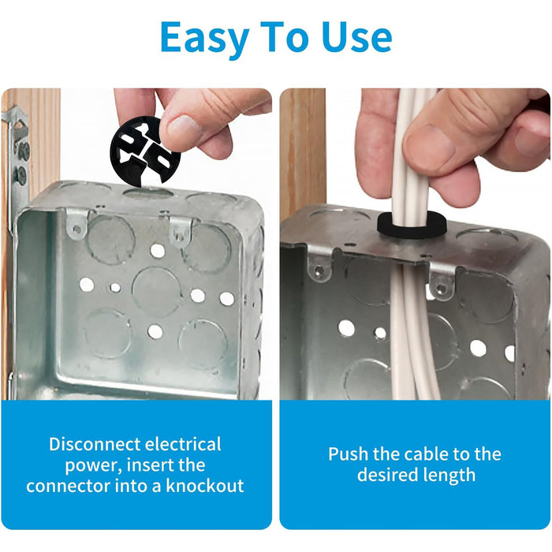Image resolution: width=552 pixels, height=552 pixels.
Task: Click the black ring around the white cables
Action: (412, 226)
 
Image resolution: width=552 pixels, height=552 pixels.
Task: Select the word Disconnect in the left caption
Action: (95, 444)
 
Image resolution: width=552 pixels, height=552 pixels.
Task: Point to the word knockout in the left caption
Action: (205, 486)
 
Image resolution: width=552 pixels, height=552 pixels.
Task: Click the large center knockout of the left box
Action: (157, 292)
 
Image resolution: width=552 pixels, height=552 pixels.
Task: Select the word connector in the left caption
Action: (68, 487)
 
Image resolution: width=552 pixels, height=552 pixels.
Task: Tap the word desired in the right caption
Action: (387, 475)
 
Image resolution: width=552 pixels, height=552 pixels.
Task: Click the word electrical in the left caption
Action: (183, 444)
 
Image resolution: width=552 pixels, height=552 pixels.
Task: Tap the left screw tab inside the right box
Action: (319, 267)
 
